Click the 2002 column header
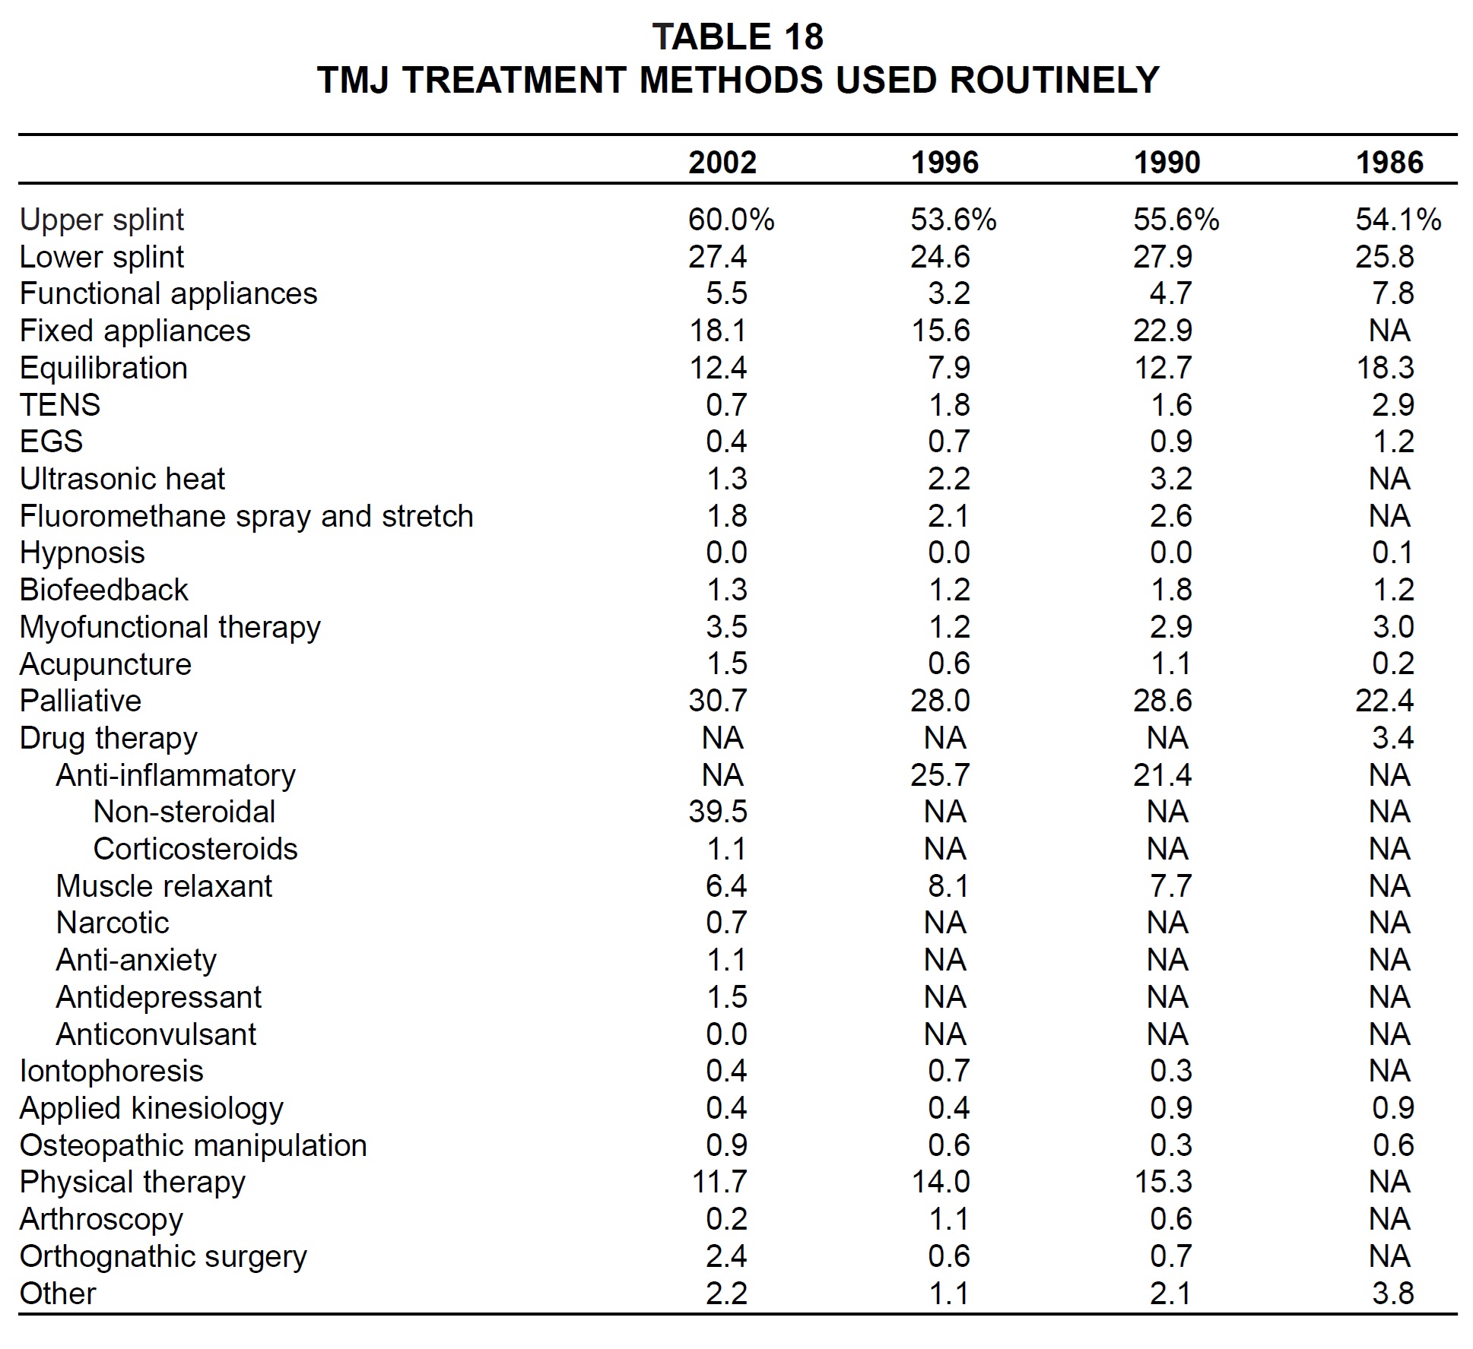[722, 163]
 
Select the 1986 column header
[1389, 163]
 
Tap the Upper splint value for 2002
[731, 220]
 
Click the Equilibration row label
[103, 368]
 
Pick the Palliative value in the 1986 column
[1384, 701]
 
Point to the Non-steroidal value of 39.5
[718, 812]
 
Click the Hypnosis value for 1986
[1393, 553]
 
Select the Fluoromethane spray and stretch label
[246, 516]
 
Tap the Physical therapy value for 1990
[1163, 1182]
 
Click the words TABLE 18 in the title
[738, 36]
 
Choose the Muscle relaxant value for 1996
[949, 886]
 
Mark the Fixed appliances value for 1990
[1163, 331]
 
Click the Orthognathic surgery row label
[163, 1257]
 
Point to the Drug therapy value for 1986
[1393, 738]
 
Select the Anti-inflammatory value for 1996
[940, 775]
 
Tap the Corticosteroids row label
[195, 849]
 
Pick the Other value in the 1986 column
[1393, 1294]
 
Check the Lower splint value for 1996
[940, 257]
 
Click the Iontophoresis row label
[112, 1072]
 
